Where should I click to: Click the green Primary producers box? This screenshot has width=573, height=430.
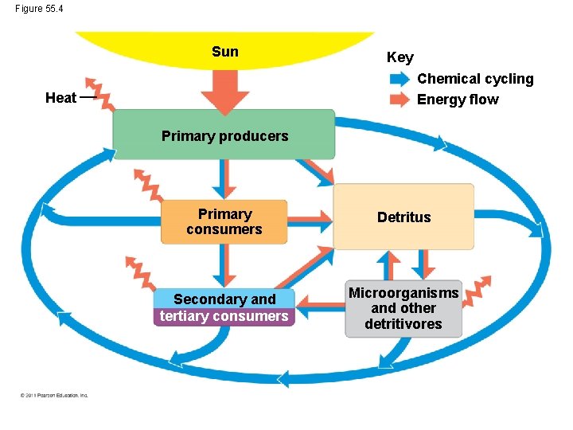[224, 135]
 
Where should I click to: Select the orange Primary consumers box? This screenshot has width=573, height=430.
[224, 221]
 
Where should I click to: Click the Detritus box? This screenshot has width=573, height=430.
[403, 217]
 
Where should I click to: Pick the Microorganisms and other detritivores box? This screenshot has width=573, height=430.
[403, 308]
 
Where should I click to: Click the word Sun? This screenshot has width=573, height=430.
[224, 52]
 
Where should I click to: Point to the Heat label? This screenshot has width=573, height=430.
[60, 98]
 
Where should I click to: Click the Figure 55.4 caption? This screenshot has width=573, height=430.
[38, 8]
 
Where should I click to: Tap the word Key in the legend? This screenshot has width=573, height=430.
[400, 57]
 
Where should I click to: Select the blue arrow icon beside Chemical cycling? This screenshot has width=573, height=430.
[400, 79]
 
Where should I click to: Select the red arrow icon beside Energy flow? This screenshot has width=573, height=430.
[400, 100]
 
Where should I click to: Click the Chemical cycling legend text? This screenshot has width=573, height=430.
[475, 79]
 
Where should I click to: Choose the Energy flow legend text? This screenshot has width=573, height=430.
[458, 100]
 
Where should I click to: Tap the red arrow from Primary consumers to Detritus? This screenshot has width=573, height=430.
[310, 217]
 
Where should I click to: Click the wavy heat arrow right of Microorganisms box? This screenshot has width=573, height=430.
[477, 291]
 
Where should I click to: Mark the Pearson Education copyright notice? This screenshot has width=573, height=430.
[54, 395]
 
